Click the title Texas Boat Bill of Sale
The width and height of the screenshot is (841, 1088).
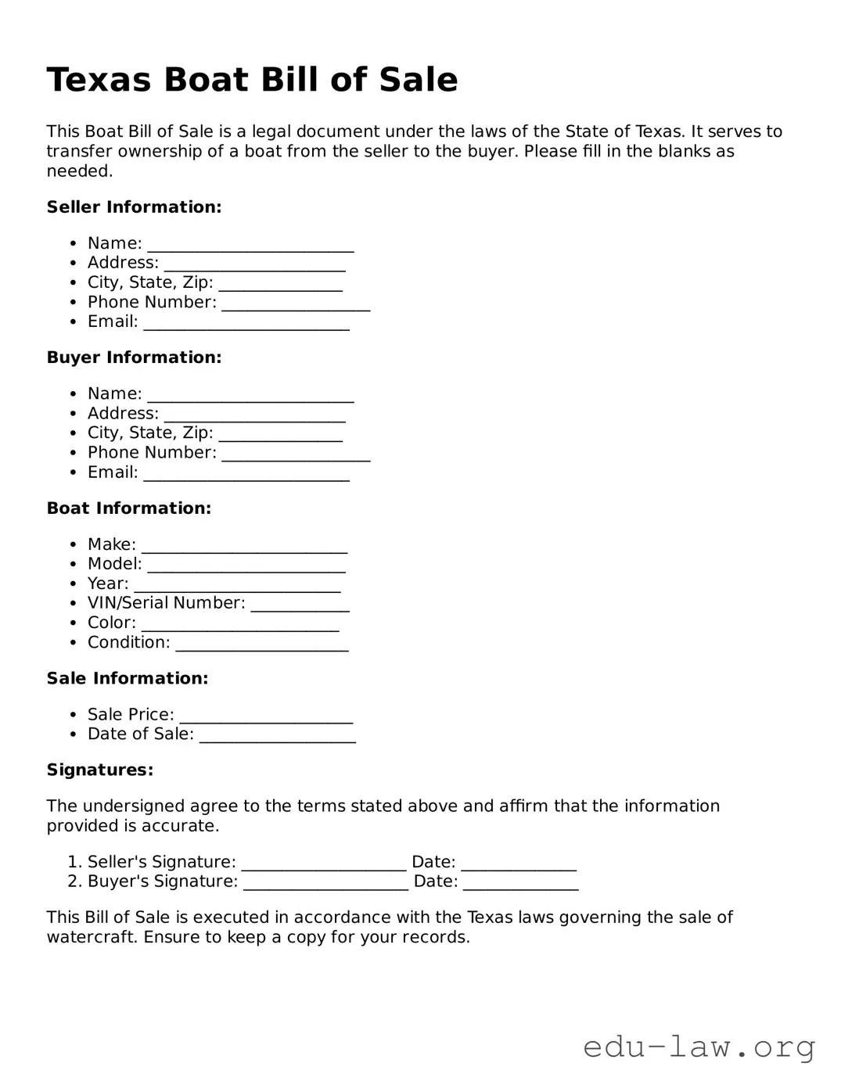click(x=252, y=80)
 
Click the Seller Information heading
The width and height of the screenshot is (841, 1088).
click(x=134, y=207)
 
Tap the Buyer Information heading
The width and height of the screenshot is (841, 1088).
click(x=134, y=357)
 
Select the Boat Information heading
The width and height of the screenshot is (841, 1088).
click(x=128, y=508)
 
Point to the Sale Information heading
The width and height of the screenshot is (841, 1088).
click(x=127, y=678)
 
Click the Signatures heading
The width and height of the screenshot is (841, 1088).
click(x=99, y=770)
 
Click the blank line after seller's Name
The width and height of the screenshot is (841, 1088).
click(x=250, y=246)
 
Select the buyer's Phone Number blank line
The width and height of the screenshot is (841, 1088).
click(x=295, y=454)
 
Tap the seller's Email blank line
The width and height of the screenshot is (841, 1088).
click(x=246, y=324)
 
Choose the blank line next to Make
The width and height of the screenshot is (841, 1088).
click(x=244, y=547)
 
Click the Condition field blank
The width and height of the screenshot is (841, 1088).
click(x=261, y=645)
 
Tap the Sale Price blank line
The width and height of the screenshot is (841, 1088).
click(x=266, y=716)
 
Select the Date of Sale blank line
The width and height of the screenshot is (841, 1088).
click(x=277, y=736)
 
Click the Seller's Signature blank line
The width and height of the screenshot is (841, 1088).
click(x=323, y=864)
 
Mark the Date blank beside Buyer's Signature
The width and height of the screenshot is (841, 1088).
click(x=520, y=883)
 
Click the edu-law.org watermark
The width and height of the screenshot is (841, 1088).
click(x=699, y=1047)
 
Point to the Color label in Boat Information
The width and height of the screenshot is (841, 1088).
click(x=111, y=623)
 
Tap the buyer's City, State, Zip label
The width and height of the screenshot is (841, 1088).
click(x=150, y=433)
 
